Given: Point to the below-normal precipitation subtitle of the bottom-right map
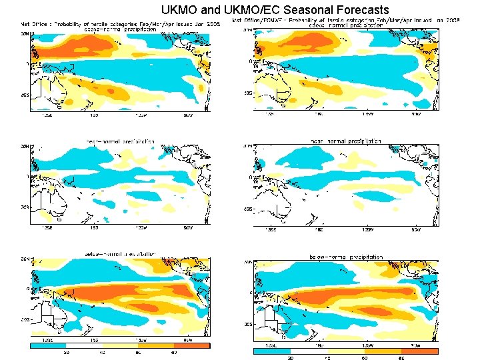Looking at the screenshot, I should [345, 257].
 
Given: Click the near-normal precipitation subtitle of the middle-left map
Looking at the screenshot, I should [120, 141].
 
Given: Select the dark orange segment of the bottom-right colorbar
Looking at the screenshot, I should [419, 350].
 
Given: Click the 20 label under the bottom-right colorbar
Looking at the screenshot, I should [291, 357].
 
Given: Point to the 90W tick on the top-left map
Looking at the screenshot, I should [189, 115].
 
